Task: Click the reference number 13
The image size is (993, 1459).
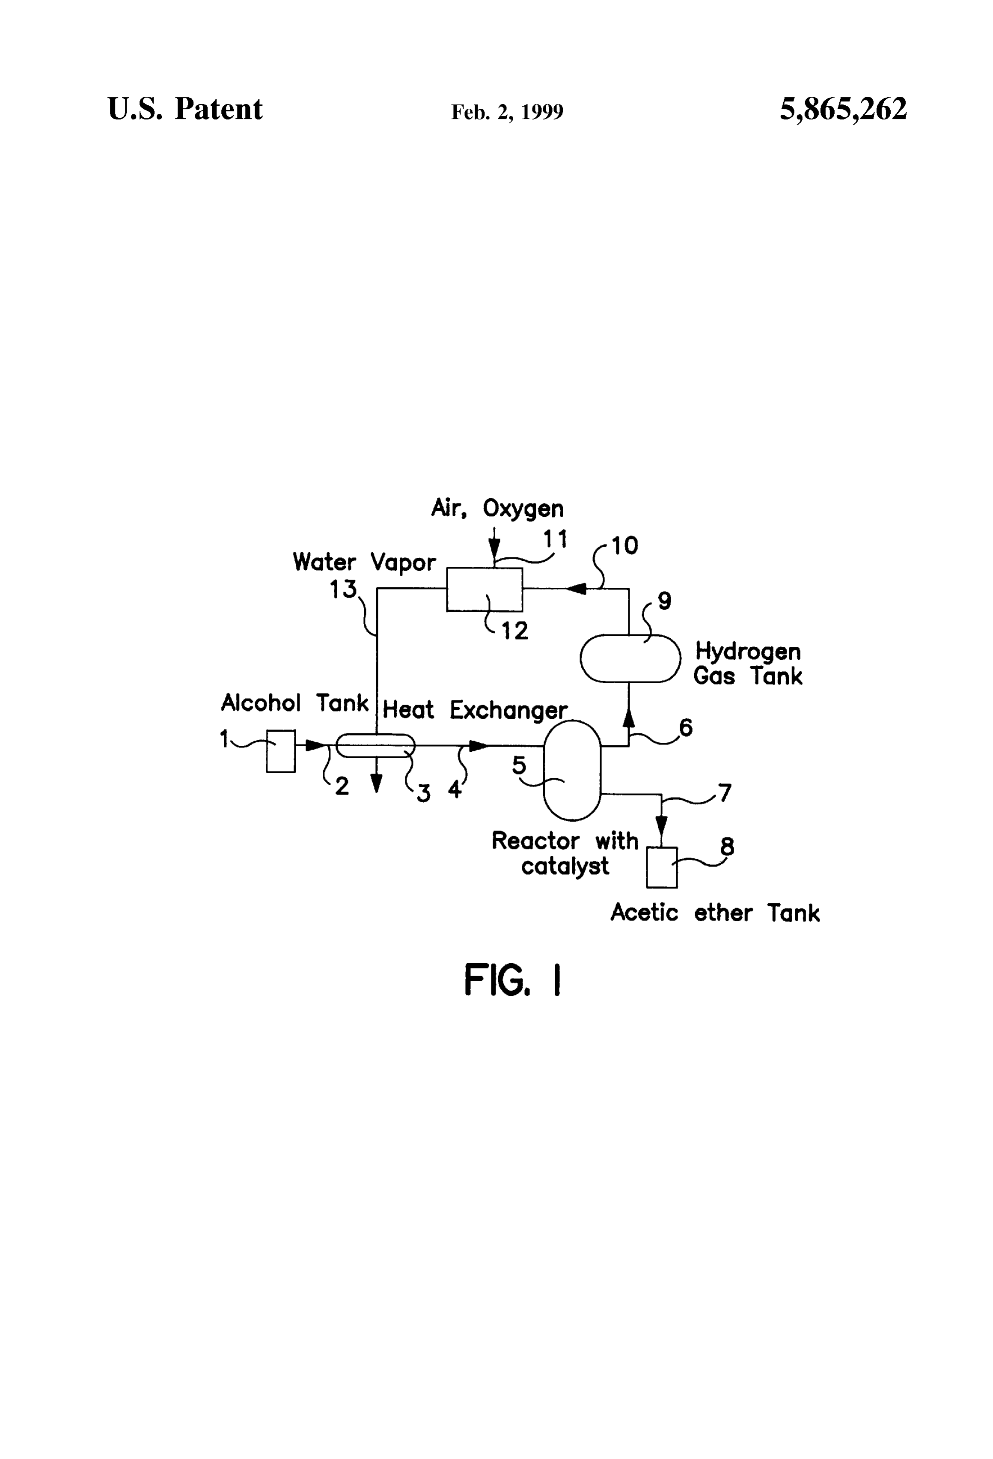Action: (x=343, y=589)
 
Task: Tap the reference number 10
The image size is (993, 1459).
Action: (x=624, y=545)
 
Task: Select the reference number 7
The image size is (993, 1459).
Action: (x=725, y=793)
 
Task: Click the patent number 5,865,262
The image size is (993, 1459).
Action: (x=843, y=109)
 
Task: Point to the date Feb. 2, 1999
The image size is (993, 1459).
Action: (x=507, y=112)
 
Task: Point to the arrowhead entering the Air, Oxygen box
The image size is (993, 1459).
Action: (x=495, y=552)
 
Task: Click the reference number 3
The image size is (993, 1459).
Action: (x=424, y=794)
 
